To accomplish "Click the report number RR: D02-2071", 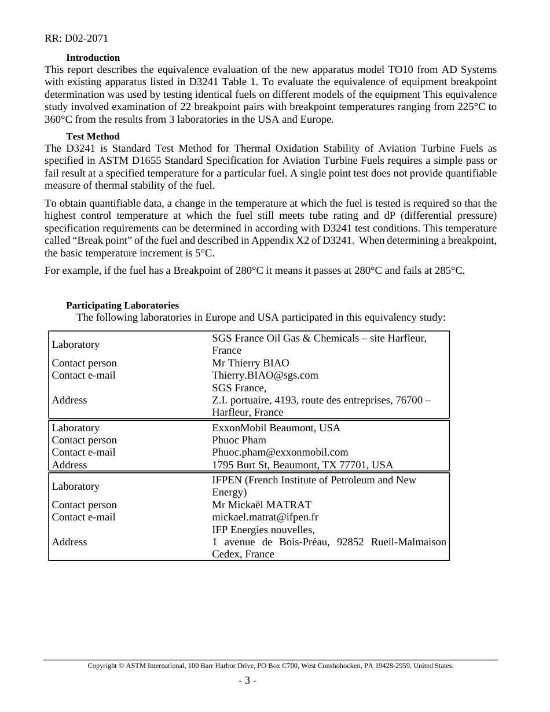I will point(76,39).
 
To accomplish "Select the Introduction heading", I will point(93,58).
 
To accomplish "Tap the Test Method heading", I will point(93,137).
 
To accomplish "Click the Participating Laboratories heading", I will point(122,305).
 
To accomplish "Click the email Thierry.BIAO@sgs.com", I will point(265,375).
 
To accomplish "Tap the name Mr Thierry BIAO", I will point(250,363).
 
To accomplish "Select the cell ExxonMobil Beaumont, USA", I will point(276,428).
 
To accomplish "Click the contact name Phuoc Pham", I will point(239,440).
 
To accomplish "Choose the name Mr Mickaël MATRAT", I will point(261,505).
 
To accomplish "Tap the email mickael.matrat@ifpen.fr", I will point(265,517).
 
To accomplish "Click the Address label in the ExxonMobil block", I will point(69,465).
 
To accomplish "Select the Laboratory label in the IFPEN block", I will point(75,486).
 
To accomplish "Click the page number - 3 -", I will point(247,681).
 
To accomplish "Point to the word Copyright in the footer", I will point(101,666).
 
